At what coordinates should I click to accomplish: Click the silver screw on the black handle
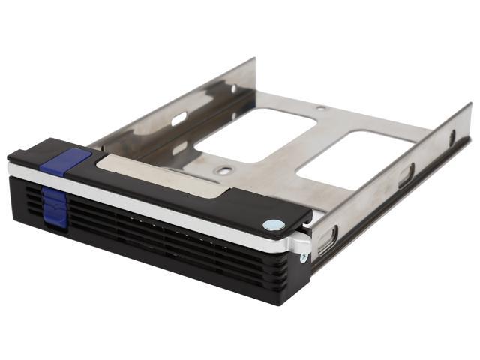pos(274,224)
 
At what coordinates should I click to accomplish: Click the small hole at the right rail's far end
pos(452,138)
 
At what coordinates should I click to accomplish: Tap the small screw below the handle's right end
pos(303,258)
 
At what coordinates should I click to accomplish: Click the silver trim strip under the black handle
pos(150,206)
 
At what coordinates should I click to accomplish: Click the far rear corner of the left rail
pos(253,60)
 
